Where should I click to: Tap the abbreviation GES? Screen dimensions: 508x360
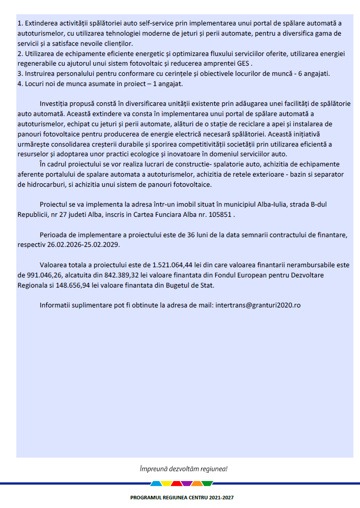(243, 63)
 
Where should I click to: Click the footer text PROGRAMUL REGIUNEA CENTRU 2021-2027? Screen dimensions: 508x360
(182, 497)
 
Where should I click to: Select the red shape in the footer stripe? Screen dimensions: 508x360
(176, 484)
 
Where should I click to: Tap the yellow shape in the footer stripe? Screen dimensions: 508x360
(167, 484)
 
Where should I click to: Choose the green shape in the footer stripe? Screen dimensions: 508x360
(207, 484)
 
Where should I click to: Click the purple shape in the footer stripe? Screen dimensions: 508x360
(187, 484)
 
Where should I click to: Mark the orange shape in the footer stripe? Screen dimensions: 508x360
(197, 484)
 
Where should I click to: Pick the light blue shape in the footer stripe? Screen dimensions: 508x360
(156, 484)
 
